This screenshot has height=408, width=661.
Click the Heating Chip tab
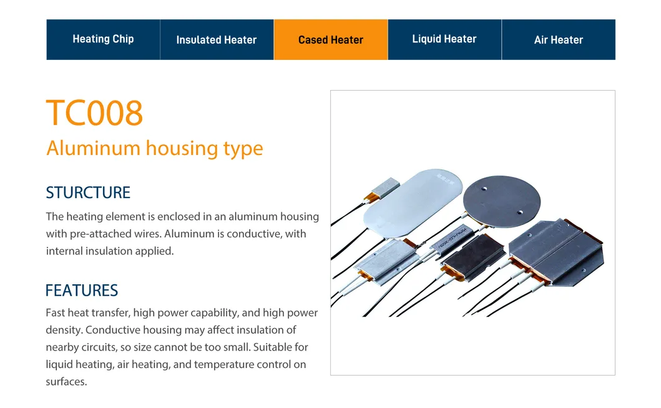103,39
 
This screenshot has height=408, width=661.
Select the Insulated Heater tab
217,39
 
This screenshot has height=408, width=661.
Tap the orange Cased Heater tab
331,39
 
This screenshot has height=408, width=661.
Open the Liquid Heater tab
445,39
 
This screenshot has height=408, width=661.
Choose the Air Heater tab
559,39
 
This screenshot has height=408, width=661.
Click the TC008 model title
95,113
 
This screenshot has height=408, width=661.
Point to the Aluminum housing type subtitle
155,149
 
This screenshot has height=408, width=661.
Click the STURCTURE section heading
88,192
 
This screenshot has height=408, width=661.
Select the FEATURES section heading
82,291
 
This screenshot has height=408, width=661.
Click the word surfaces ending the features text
66,382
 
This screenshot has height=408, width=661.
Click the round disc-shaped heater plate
502,202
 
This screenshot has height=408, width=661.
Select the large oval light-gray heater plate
413,202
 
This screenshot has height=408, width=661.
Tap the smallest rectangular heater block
386,188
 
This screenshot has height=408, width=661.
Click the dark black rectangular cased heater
474,257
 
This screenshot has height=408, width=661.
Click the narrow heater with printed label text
451,239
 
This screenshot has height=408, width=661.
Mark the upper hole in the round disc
484,188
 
